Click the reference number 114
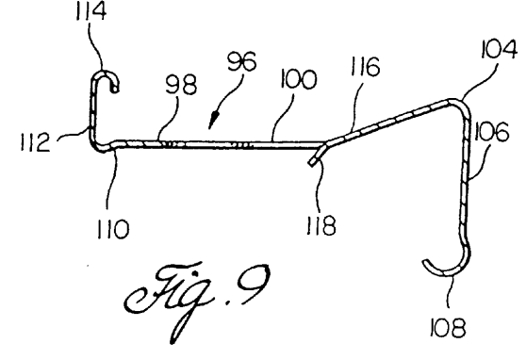click(x=91, y=12)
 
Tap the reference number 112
click(x=36, y=142)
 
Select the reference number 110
click(x=113, y=229)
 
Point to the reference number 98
click(x=181, y=84)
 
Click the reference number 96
click(x=242, y=61)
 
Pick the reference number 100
click(x=298, y=79)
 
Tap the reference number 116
click(x=366, y=66)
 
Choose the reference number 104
click(x=500, y=50)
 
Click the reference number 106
click(x=491, y=131)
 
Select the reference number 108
click(x=448, y=328)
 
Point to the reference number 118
click(x=321, y=225)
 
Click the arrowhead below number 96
click(x=213, y=121)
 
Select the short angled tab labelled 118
click(x=317, y=155)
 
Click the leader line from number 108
click(x=451, y=291)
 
